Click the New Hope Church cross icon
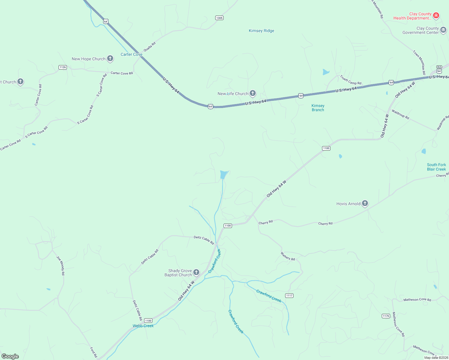110,58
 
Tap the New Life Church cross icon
253,93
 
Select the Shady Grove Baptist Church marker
196,272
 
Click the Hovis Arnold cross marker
365,203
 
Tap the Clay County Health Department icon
436,15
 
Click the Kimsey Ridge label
261,31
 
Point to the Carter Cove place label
131,54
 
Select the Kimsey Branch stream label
318,108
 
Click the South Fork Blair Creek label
436,167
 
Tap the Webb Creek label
143,326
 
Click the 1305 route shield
219,18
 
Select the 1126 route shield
63,67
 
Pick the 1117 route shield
289,295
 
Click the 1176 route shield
386,316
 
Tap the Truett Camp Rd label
351,80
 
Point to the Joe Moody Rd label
61,265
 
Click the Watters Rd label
288,256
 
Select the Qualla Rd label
149,47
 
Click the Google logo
10,356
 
